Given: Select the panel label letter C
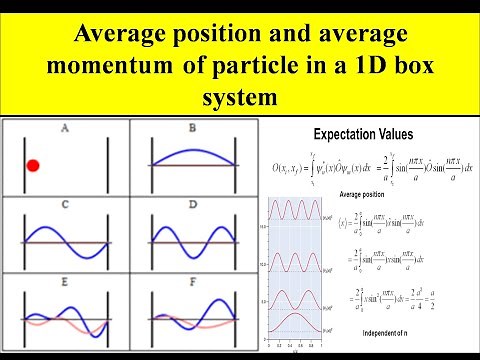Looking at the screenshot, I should [x=64, y=206].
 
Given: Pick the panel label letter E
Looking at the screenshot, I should [x=64, y=283].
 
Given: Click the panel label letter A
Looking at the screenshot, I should [x=64, y=128].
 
